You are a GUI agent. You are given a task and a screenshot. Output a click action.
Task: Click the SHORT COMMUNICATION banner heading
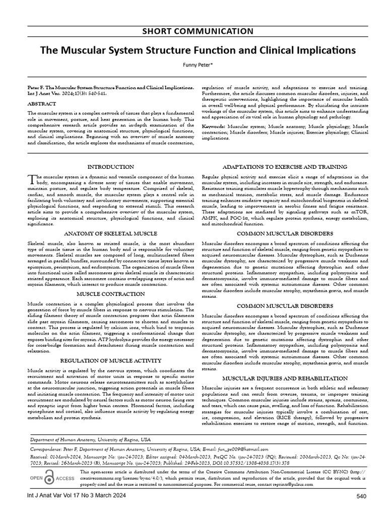click(x=193, y=31)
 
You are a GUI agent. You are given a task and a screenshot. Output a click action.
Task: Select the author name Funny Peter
click(x=193, y=64)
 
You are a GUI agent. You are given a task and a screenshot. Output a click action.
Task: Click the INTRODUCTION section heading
click(x=111, y=167)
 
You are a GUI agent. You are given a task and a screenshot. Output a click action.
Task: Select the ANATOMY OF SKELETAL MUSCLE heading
click(x=111, y=234)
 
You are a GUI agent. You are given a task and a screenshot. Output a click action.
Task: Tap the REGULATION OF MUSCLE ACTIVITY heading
click(x=111, y=361)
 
